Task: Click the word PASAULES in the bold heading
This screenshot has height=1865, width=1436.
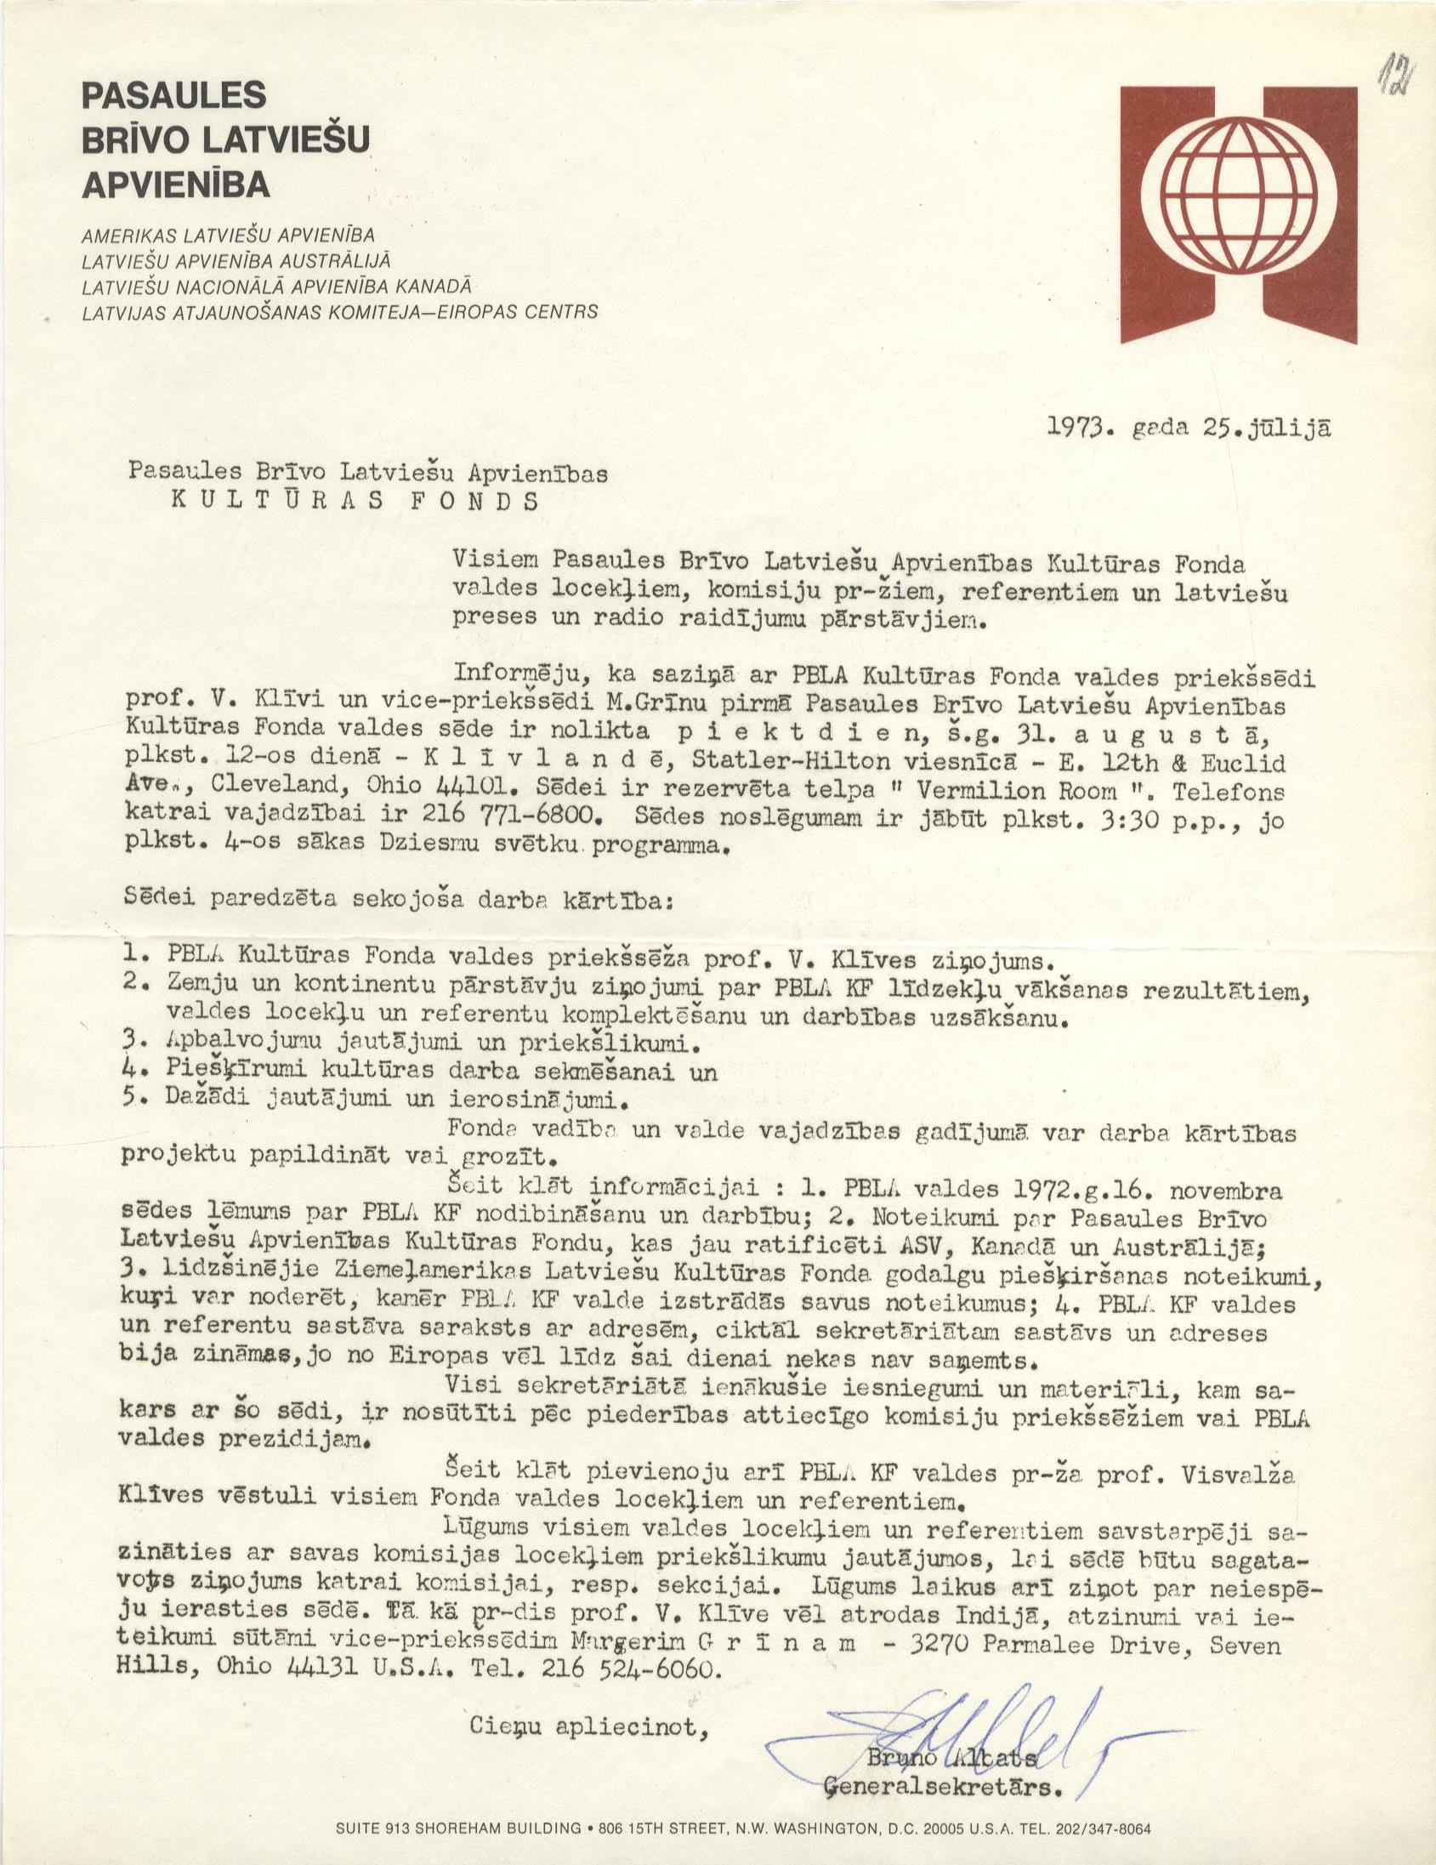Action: coord(174,94)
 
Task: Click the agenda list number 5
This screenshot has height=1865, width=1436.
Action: coord(131,1099)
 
